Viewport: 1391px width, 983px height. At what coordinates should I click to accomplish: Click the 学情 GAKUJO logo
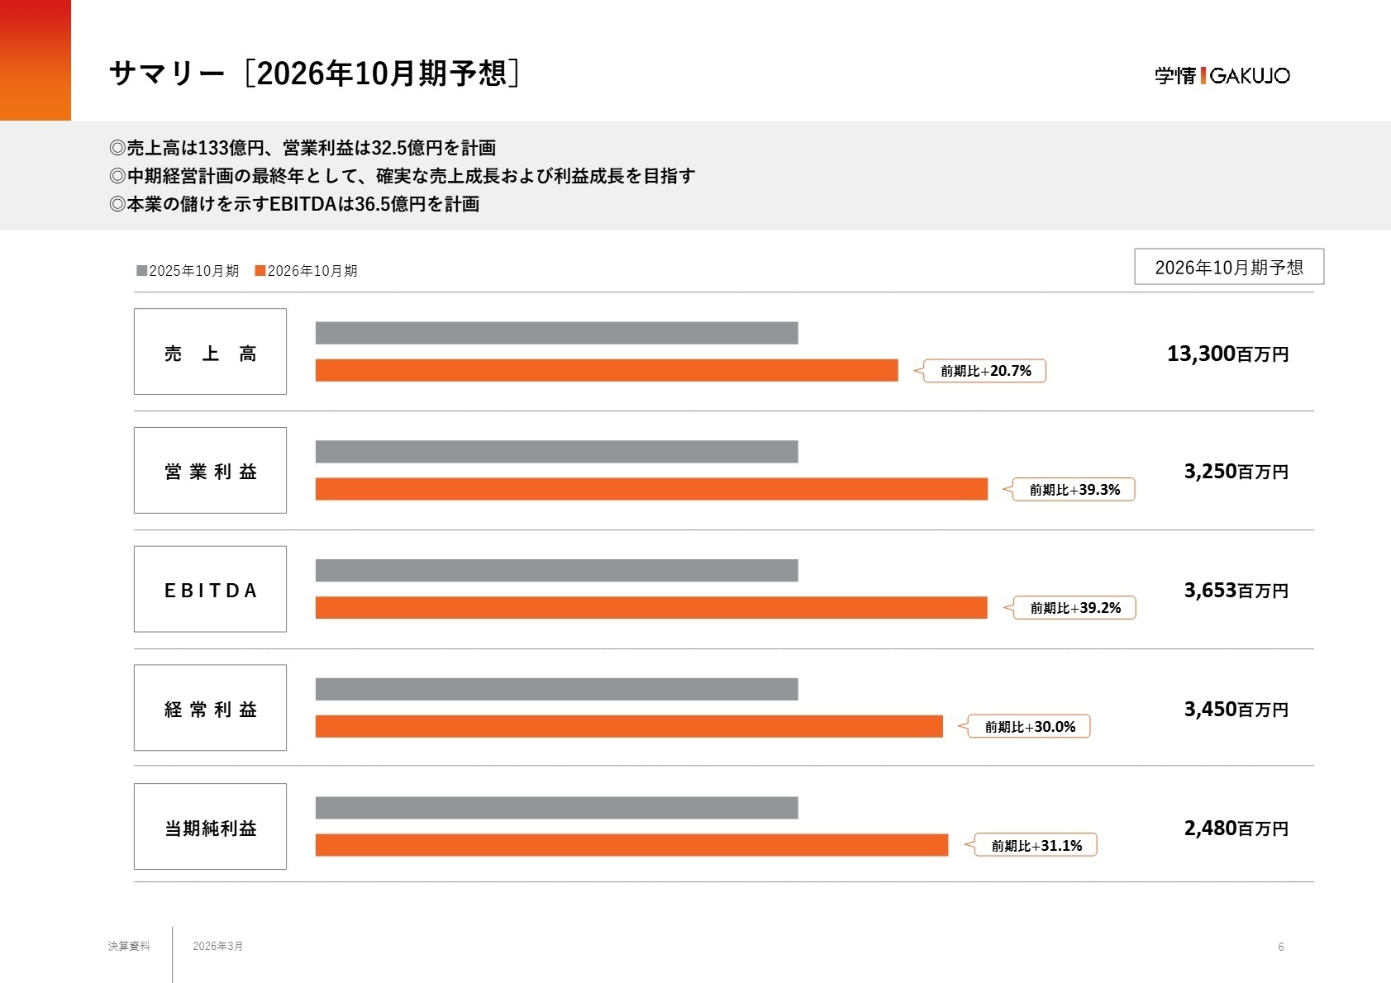tap(1222, 75)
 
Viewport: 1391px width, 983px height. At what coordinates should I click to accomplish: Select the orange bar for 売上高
tap(606, 370)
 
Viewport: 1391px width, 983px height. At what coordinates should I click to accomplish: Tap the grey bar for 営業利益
tap(556, 452)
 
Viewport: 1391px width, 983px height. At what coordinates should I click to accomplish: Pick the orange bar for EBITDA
tap(651, 607)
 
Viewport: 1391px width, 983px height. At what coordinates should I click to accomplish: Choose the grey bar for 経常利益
tap(556, 689)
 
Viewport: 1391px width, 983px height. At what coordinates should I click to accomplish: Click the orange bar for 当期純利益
tap(631, 845)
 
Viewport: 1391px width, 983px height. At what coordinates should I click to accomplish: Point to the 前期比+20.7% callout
tap(984, 371)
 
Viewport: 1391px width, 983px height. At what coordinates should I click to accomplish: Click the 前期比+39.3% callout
tap(1074, 490)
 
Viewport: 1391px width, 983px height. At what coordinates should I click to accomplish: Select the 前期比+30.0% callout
tap(1029, 727)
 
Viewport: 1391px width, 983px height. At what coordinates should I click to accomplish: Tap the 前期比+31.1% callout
tap(1036, 845)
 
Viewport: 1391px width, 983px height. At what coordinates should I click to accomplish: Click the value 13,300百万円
tap(1227, 354)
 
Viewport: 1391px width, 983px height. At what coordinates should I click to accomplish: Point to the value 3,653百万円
tap(1236, 591)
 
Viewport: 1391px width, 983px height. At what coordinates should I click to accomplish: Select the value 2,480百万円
tap(1236, 828)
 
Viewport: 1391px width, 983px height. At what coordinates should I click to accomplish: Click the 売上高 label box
tap(210, 352)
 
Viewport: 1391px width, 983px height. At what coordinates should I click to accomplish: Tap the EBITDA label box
tap(210, 589)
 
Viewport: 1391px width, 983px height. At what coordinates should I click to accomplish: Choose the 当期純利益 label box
tap(210, 826)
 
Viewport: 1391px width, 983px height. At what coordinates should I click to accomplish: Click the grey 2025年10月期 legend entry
tap(188, 271)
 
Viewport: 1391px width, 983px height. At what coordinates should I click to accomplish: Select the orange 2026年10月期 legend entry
tap(307, 271)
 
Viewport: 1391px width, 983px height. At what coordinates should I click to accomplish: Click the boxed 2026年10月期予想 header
tap(1228, 267)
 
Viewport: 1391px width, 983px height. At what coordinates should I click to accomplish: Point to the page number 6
tap(1280, 947)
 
